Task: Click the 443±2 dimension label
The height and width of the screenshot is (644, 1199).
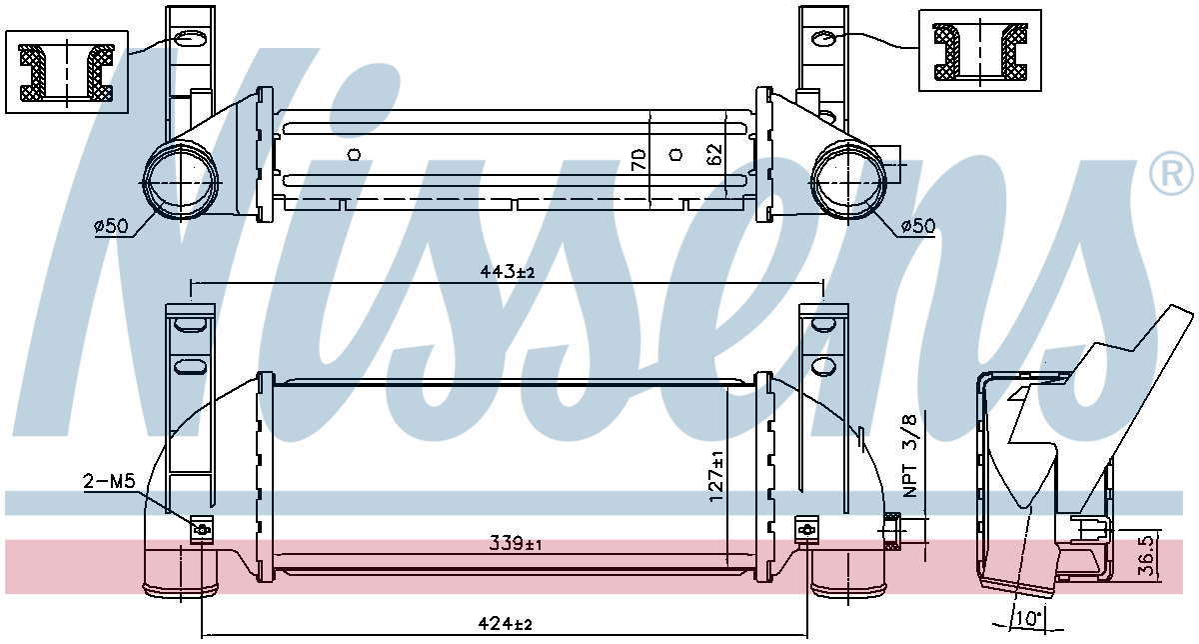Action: (507, 272)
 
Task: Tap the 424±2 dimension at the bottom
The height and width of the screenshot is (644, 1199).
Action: (505, 624)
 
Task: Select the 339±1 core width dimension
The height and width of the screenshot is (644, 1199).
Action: (515, 544)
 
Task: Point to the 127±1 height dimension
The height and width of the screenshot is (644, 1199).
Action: (716, 476)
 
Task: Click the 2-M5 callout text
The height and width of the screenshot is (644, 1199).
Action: (109, 481)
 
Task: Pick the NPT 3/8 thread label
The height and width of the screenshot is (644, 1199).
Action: (910, 456)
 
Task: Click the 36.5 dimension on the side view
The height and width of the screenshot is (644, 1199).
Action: (1145, 559)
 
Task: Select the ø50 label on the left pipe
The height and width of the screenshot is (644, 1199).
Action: (111, 226)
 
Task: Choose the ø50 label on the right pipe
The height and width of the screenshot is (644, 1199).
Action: (918, 226)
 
